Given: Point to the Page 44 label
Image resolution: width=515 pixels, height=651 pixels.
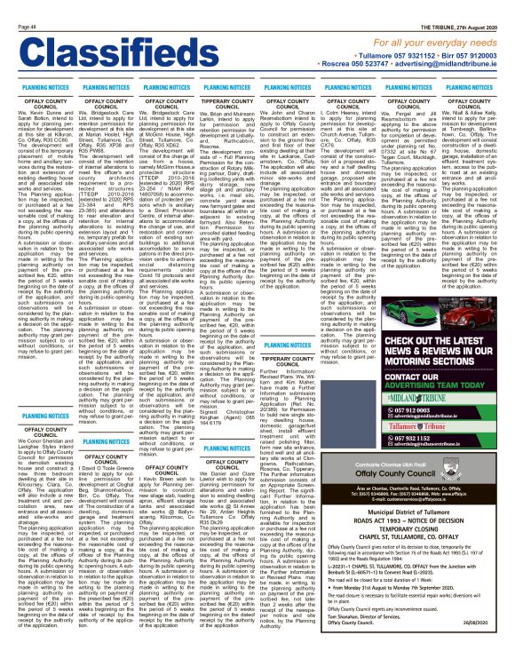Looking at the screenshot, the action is [x=16, y=4].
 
